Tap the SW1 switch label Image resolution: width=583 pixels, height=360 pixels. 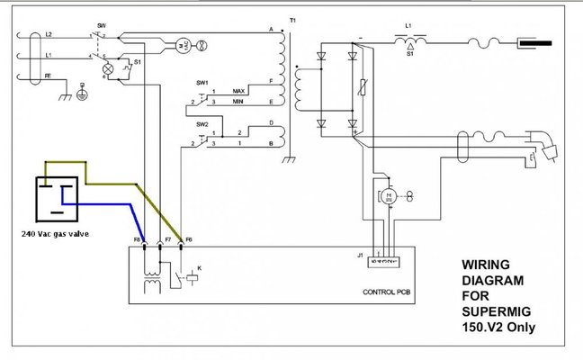(x=202, y=83)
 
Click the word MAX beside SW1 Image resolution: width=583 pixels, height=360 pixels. (x=238, y=92)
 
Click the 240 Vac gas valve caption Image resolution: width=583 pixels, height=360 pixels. (x=54, y=233)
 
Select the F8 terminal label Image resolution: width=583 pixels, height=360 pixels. (x=138, y=240)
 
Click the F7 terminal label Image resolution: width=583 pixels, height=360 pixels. (x=160, y=240)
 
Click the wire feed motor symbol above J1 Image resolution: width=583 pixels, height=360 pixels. (x=390, y=195)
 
